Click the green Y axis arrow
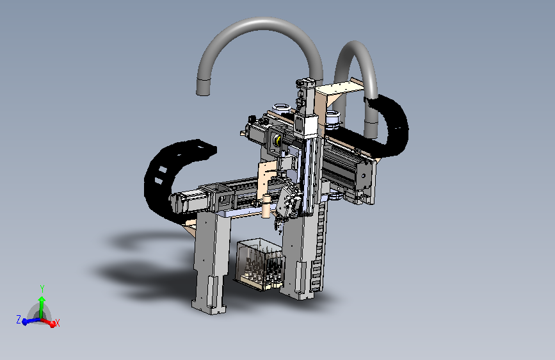click(42, 306)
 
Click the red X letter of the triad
click(58, 323)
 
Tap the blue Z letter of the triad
click(19, 320)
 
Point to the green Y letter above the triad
click(42, 288)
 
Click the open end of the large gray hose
click(203, 88)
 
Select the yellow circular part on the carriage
click(278, 140)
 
